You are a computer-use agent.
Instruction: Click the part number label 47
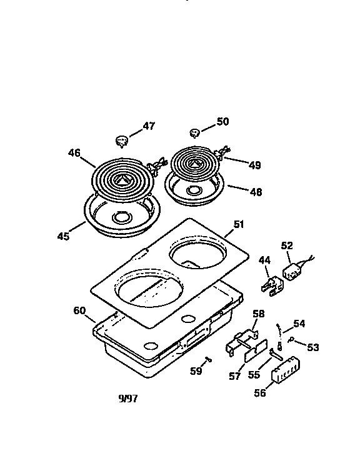click(x=148, y=126)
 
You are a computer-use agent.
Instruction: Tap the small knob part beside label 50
click(x=195, y=132)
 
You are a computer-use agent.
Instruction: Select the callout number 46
click(x=74, y=152)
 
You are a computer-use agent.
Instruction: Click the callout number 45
click(x=62, y=236)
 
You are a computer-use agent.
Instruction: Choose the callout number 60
click(x=79, y=310)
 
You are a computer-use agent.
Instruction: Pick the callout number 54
click(x=299, y=324)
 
